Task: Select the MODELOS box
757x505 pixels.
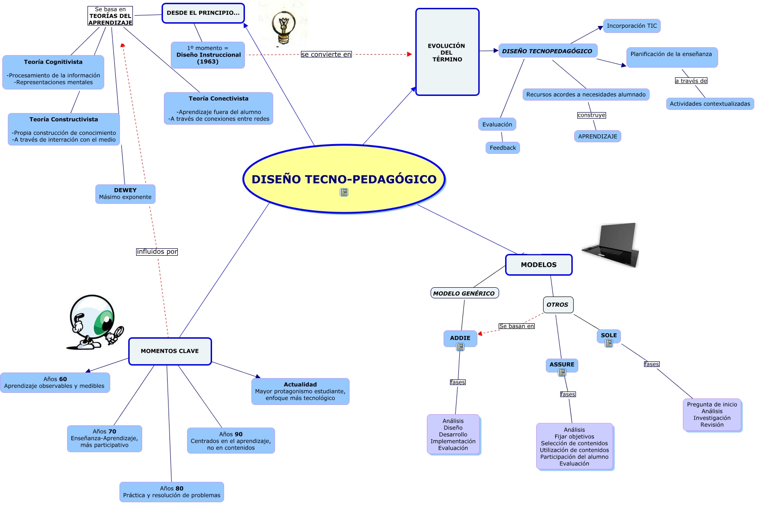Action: click(538, 265)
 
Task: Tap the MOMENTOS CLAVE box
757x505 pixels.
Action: click(169, 351)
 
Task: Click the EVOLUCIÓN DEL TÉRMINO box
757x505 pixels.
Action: click(447, 52)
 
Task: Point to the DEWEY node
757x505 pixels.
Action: click(125, 194)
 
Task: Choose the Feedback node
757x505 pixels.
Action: click(502, 148)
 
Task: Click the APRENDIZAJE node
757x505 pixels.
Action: click(597, 136)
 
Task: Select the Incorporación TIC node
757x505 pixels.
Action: click(632, 26)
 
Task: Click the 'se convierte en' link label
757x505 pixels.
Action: click(326, 54)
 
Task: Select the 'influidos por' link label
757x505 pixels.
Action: click(157, 252)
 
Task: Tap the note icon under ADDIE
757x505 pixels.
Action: click(460, 347)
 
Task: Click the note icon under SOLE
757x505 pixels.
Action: click(609, 343)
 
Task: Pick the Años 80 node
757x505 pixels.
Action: click(171, 492)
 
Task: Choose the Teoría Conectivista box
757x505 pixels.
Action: click(218, 108)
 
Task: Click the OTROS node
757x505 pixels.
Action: click(557, 305)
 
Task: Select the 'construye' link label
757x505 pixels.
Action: click(591, 115)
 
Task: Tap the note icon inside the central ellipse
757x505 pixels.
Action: click(344, 192)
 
